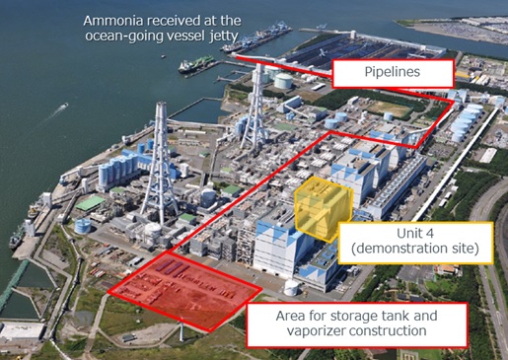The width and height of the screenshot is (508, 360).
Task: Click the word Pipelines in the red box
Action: point(393,72)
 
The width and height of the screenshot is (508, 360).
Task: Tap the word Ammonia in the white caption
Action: point(114,21)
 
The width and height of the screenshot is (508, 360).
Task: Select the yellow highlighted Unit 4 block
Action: point(322,205)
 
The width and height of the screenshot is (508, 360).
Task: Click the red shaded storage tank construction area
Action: point(182,286)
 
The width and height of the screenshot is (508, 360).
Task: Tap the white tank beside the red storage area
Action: point(291,289)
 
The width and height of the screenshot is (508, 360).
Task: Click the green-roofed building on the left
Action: point(91,202)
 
